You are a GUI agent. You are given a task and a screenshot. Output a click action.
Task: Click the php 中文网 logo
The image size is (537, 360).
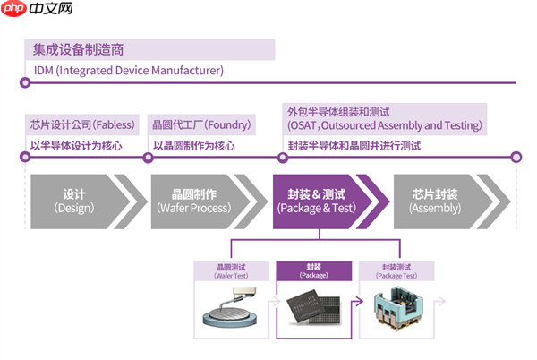38,12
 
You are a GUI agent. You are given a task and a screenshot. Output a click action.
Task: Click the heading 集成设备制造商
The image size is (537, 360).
74,49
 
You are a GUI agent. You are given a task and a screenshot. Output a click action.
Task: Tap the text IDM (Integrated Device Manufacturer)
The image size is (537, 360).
129,70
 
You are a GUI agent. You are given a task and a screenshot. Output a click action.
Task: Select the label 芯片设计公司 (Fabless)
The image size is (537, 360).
81,124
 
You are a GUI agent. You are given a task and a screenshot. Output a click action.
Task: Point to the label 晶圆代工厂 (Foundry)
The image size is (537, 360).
202,124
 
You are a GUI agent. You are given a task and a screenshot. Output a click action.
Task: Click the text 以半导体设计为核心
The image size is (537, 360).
76,145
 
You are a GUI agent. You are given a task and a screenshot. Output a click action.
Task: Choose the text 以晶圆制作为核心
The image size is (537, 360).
194,145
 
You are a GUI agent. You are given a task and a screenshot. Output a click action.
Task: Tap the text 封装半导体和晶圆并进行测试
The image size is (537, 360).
354,145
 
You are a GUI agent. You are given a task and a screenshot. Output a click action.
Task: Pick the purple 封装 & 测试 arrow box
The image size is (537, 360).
318,201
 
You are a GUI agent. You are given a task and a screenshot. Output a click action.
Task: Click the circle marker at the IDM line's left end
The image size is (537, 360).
25,83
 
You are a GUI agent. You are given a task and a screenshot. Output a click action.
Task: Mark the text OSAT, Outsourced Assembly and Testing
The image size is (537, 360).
386,125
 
